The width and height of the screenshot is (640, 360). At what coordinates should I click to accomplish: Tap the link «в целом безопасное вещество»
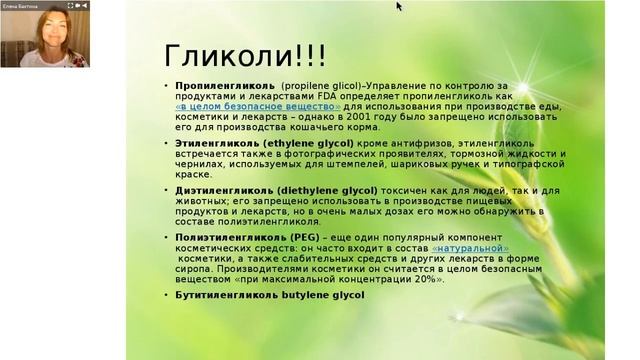[x=258, y=105]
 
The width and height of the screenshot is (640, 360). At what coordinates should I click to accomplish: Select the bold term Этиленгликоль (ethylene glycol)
[x=252, y=143]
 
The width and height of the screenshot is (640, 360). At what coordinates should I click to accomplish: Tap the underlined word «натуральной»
[x=471, y=247]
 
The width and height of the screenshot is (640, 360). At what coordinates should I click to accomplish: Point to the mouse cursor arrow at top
[x=398, y=6]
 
